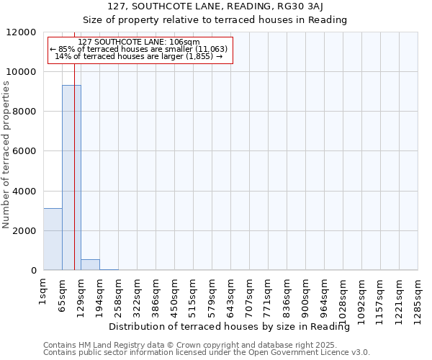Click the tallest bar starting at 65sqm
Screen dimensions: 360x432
point(71,177)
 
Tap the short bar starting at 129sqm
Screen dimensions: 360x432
point(90,264)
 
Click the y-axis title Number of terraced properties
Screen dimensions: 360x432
point(6,155)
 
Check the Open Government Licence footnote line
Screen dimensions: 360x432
point(207,353)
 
